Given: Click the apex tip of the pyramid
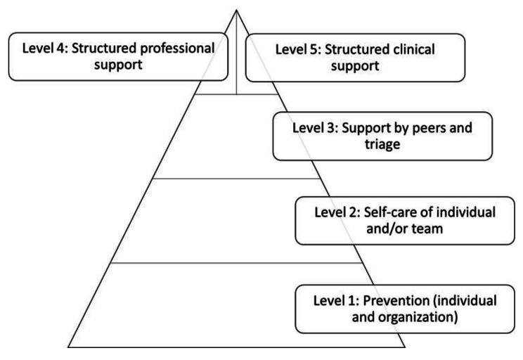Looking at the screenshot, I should pos(237,10).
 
